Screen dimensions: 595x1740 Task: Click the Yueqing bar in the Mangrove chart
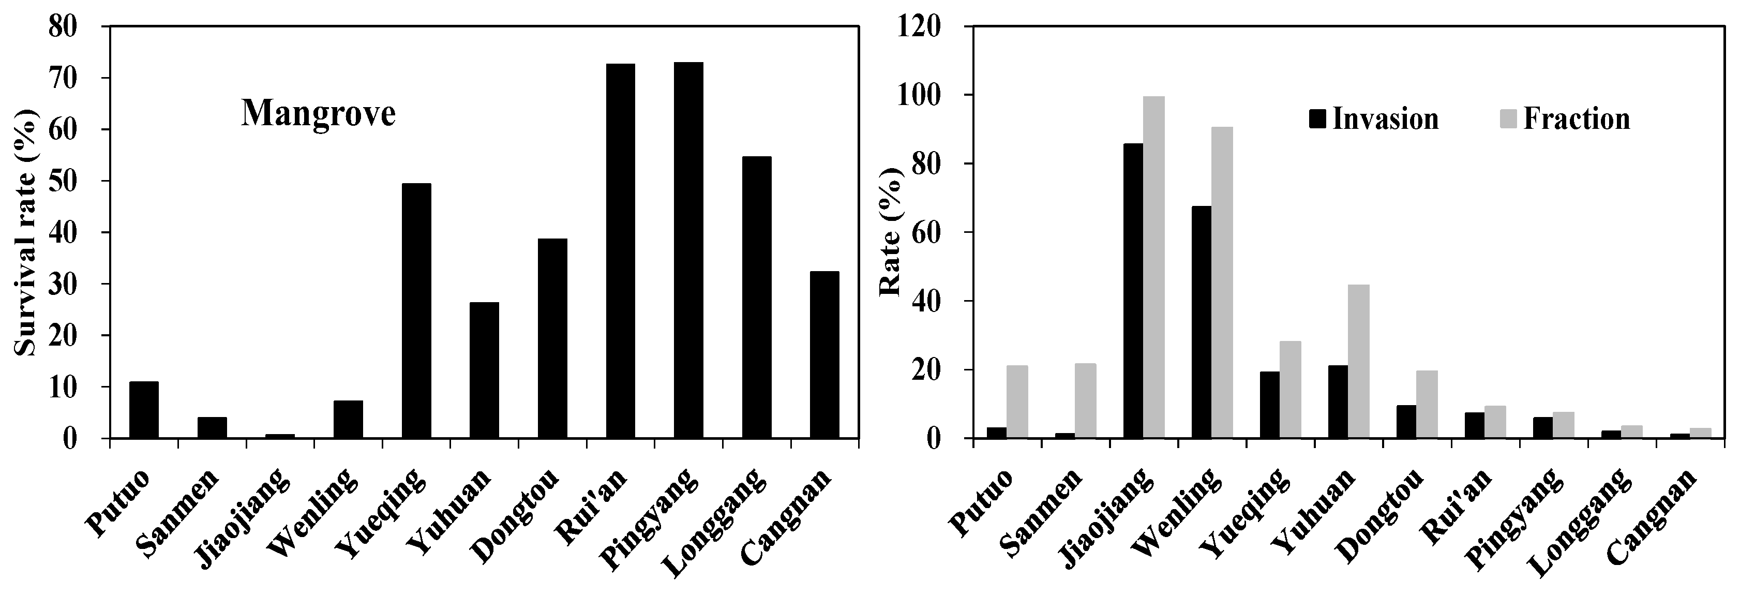(x=416, y=310)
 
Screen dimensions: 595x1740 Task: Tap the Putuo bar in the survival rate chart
(x=144, y=410)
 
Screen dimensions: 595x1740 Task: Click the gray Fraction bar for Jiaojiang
(x=1153, y=267)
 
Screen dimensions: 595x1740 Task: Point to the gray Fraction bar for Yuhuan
(x=1358, y=361)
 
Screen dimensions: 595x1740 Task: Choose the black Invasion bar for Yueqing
(x=1269, y=405)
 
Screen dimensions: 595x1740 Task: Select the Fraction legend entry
(x=1566, y=120)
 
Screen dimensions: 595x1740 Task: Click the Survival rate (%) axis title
(x=26, y=232)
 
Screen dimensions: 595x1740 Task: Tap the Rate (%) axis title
(x=890, y=232)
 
